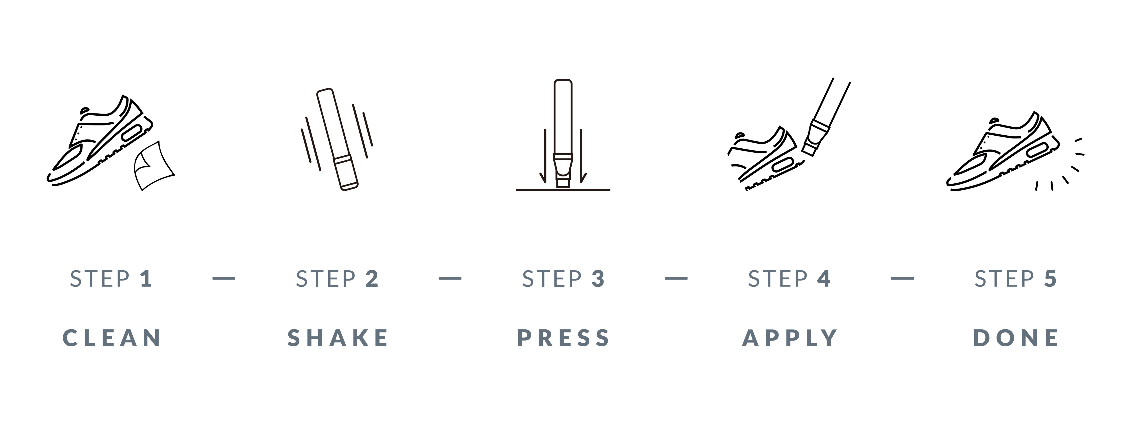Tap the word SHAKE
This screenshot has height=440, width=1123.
point(338,338)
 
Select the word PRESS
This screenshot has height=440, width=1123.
point(563,338)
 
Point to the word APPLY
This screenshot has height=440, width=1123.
point(789,338)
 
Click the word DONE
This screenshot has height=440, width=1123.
point(1016,338)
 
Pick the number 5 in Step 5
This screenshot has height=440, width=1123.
point(1050,279)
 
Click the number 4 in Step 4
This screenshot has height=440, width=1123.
point(824,279)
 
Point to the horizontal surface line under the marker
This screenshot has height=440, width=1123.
point(563,190)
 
